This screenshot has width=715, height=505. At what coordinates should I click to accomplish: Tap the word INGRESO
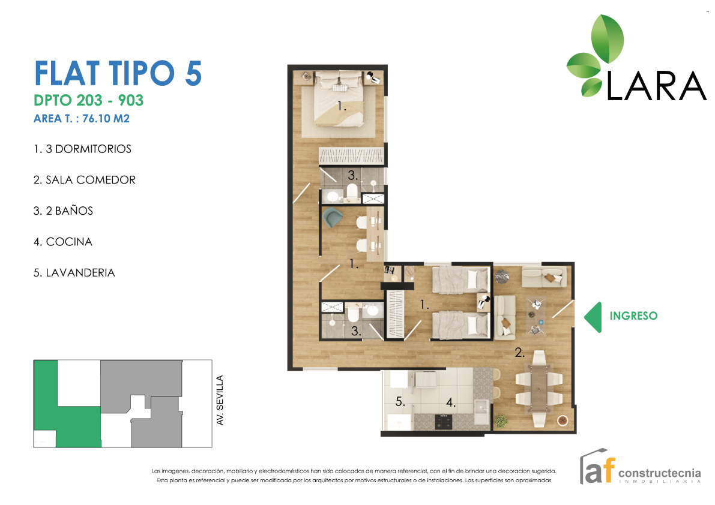[x=633, y=315]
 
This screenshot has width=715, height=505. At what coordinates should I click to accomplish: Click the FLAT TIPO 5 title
[x=118, y=73]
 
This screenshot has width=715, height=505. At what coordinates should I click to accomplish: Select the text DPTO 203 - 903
[x=88, y=100]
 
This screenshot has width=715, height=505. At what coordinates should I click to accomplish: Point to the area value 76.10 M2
[x=106, y=118]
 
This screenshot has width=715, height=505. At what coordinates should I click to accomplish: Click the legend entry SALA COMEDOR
[x=90, y=180]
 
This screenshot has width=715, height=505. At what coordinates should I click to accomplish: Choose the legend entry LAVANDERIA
[x=80, y=273]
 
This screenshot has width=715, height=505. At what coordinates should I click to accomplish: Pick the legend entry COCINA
[x=69, y=242]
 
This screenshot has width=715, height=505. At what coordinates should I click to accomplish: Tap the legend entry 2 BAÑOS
[x=69, y=211]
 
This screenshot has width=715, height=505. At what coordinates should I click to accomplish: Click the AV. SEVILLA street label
[x=220, y=400]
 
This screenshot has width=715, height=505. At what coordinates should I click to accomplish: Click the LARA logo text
[x=656, y=86]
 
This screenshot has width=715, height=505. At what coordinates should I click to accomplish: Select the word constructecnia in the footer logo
[x=659, y=473]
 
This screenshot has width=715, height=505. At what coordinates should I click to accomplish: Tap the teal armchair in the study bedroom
[x=332, y=217]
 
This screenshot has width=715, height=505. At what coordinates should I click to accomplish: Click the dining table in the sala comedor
[x=539, y=389]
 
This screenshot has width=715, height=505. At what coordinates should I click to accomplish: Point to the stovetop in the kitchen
[x=443, y=422]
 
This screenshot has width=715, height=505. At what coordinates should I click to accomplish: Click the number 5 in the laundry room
[x=399, y=402]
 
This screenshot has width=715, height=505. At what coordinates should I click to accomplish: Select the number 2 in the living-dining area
[x=519, y=352]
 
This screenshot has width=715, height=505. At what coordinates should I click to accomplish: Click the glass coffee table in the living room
[x=535, y=317]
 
